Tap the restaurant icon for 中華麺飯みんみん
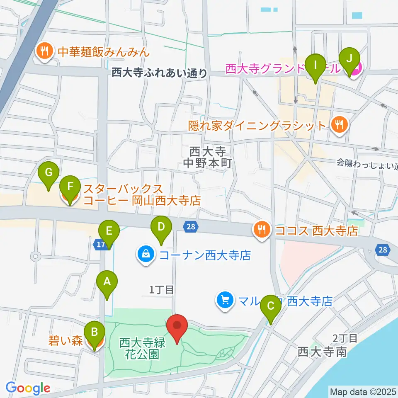(44, 51)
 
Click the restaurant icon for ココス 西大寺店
(261, 230)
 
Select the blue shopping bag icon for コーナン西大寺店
(146, 254)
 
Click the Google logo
(28, 388)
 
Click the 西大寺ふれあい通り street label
(160, 73)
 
